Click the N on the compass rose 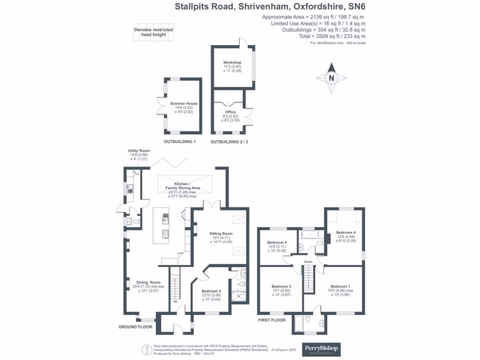pyautogui.click(x=331, y=78)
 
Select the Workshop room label pyautogui.click(x=232, y=63)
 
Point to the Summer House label pyautogui.click(x=184, y=104)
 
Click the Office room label pyautogui.click(x=230, y=112)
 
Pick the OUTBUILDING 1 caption pyautogui.click(x=180, y=142)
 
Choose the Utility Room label pyautogui.click(x=139, y=151)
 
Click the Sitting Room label pyautogui.click(x=221, y=233)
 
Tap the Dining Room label pyautogui.click(x=149, y=283)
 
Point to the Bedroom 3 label pyautogui.click(x=282, y=286)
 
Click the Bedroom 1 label pyautogui.click(x=340, y=286)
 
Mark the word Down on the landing pyautogui.click(x=308, y=262)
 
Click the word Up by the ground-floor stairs pyautogui.click(x=175, y=301)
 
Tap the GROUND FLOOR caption pyautogui.click(x=135, y=327)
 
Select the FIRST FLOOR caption pyautogui.click(x=271, y=321)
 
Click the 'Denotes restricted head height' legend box pyautogui.click(x=153, y=32)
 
